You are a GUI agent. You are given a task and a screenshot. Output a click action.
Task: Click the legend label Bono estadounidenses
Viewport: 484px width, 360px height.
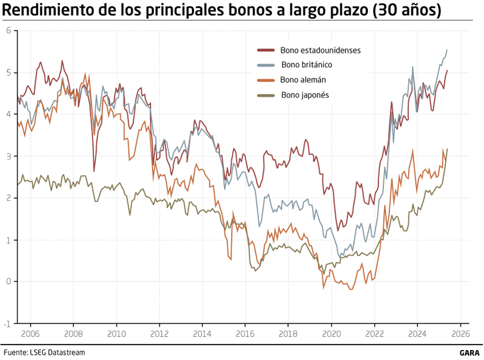[x=321, y=50]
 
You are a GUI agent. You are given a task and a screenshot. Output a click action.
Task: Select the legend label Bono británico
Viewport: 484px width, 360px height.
[x=307, y=65]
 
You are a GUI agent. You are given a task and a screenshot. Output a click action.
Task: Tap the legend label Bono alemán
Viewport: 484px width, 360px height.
[x=303, y=79]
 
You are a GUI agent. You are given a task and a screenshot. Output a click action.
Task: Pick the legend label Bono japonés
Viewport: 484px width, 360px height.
[x=305, y=95]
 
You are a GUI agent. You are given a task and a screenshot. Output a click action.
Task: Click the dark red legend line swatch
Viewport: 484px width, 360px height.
[x=266, y=50]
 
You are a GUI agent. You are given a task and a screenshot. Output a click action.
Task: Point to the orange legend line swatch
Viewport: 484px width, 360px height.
[x=266, y=80]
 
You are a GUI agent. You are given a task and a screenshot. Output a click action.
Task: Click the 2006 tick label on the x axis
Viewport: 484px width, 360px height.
[x=31, y=333]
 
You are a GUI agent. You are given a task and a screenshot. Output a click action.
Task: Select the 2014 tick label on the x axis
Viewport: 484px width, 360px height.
[x=203, y=333]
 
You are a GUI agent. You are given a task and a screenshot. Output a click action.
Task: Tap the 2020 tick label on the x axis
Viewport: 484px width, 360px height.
[x=331, y=333]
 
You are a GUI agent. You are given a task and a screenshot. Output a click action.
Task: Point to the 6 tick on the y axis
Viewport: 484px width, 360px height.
[x=7, y=31]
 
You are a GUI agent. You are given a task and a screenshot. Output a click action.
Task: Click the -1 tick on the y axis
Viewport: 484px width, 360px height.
[x=6, y=323]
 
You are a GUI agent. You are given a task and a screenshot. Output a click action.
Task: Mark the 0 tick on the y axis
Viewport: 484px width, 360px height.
[x=7, y=281]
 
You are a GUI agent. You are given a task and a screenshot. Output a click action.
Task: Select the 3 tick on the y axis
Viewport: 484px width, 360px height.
[x=7, y=156]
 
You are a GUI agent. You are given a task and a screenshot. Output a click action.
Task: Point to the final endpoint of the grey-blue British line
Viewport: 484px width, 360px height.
[x=447, y=50]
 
